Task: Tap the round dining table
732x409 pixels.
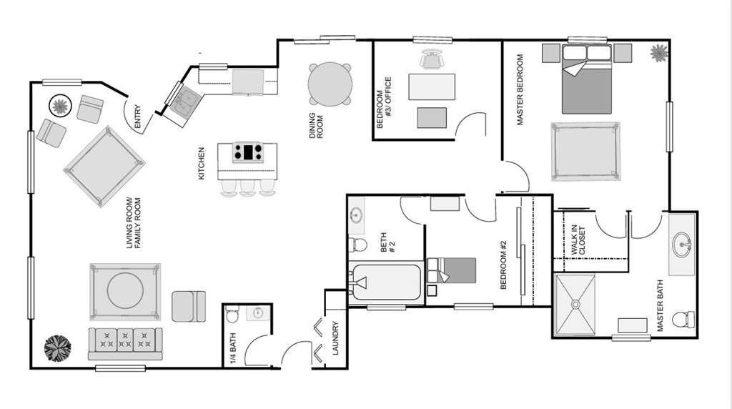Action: (x=330, y=84)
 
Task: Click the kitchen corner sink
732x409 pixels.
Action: (x=184, y=100)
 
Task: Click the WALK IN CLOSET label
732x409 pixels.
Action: (x=578, y=241)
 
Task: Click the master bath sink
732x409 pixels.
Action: (x=683, y=243)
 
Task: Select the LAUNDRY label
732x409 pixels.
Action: (x=335, y=337)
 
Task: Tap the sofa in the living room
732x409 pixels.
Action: (x=125, y=344)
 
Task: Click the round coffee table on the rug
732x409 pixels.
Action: (x=125, y=291)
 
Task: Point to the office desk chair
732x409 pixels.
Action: (x=431, y=61)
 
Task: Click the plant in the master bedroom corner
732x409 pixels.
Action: (x=658, y=52)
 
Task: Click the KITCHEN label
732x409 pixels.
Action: (x=202, y=163)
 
